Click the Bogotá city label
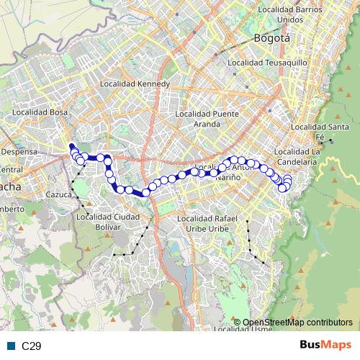coord(271,37)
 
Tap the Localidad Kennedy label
coord(139,84)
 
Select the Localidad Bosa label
coord(40,113)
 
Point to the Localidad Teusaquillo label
coord(267,63)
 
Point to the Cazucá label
coord(58,195)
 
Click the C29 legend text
coord(31,346)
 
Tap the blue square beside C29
coord(11,346)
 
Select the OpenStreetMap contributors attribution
coord(297,322)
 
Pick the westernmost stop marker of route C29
coord(72,150)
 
